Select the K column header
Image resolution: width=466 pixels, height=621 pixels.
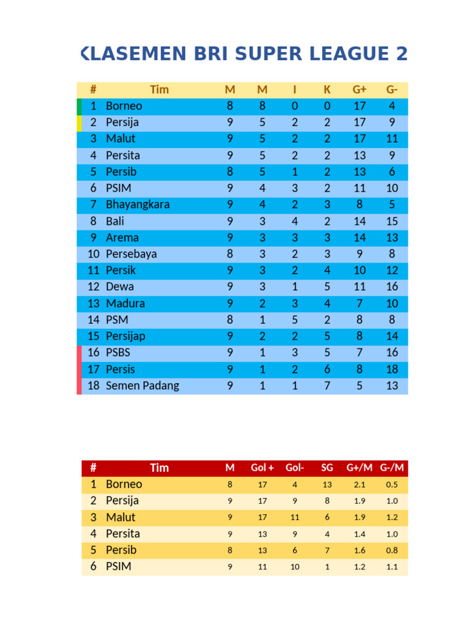click(x=327, y=90)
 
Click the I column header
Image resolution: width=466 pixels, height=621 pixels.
click(x=295, y=90)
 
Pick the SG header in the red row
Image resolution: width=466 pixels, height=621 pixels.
click(x=327, y=468)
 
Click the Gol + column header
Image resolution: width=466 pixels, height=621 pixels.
click(x=262, y=468)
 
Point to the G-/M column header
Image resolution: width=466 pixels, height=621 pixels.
click(x=392, y=468)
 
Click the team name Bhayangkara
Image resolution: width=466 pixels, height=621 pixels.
click(x=138, y=205)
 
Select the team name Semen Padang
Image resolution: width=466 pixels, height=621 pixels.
click(x=143, y=386)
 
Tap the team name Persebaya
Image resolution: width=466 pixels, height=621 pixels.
click(x=131, y=254)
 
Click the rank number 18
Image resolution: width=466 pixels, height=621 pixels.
click(x=93, y=386)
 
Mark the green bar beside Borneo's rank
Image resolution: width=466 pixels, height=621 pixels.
click(x=79, y=106)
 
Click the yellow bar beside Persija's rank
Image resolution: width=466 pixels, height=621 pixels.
click(x=79, y=123)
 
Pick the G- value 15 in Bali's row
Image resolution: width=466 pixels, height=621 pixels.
click(x=392, y=221)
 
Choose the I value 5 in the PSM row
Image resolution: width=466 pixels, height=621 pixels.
click(x=295, y=320)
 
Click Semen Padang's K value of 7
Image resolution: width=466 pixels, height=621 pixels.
click(x=327, y=386)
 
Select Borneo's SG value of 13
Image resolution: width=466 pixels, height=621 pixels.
click(x=327, y=485)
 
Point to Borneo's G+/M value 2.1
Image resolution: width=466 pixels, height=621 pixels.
click(x=360, y=485)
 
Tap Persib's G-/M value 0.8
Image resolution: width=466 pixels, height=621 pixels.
click(x=392, y=551)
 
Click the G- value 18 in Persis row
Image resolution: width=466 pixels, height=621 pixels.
click(x=392, y=369)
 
